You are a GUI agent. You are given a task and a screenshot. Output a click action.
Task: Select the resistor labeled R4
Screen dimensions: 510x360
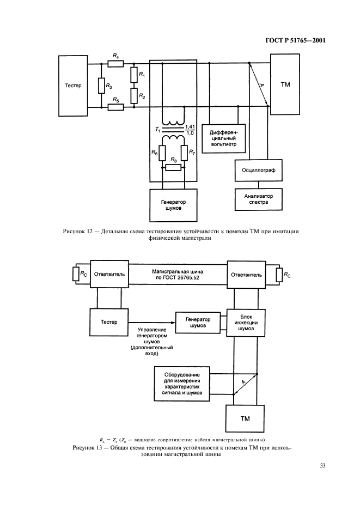tap(115, 64)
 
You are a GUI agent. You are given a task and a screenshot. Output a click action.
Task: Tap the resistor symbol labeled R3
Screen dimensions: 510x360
tap(101, 86)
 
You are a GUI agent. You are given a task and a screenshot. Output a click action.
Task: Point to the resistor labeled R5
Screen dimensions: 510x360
tap(115, 107)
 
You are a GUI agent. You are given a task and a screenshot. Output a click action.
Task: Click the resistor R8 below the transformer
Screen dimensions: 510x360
tap(173, 167)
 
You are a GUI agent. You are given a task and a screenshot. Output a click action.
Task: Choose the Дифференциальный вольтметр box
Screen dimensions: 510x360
tap(223, 139)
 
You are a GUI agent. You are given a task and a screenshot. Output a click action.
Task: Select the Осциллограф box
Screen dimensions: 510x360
tap(259, 170)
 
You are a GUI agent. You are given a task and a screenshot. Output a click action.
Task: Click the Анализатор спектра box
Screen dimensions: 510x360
tap(259, 200)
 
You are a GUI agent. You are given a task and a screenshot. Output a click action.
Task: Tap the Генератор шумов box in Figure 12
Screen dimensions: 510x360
tap(174, 204)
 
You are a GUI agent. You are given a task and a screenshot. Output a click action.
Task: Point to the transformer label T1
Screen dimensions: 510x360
tap(157, 130)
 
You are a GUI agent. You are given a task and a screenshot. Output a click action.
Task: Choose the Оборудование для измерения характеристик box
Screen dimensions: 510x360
tap(179, 384)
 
